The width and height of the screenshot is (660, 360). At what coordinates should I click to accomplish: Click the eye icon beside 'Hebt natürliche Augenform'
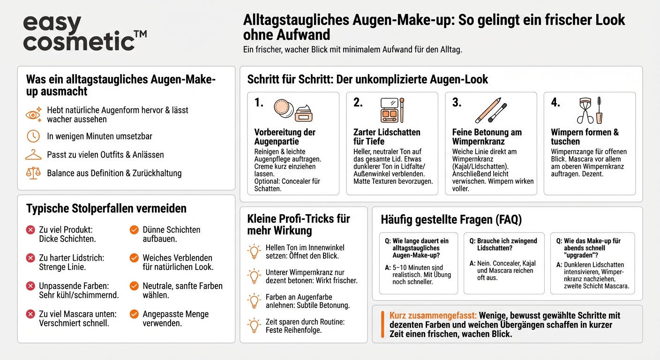(x=33, y=114)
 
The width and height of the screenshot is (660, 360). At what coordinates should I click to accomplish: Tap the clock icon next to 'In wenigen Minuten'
(x=33, y=136)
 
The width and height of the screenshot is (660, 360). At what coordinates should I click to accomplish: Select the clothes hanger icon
(x=33, y=155)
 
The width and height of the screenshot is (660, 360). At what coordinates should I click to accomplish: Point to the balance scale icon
(x=33, y=173)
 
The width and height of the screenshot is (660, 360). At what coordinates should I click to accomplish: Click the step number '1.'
(x=259, y=103)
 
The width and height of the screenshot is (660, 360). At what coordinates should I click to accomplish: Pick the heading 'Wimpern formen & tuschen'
(x=585, y=137)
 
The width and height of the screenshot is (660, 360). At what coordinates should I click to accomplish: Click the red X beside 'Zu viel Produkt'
(x=30, y=230)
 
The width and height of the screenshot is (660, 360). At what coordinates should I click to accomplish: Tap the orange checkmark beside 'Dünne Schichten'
(x=134, y=230)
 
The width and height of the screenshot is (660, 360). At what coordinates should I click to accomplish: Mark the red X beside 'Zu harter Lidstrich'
(x=30, y=258)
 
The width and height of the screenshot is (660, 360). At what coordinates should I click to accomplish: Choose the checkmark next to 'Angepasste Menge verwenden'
(x=134, y=314)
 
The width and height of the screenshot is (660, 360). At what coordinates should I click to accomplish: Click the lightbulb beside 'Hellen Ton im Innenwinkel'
(x=254, y=252)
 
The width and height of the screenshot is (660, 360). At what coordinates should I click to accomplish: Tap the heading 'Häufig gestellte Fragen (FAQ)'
(x=451, y=219)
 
